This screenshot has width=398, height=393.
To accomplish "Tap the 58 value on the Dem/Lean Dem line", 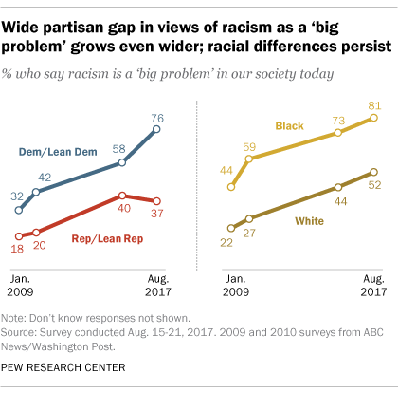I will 119,148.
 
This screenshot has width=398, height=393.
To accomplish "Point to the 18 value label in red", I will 16,250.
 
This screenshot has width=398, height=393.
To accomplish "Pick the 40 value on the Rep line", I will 122,211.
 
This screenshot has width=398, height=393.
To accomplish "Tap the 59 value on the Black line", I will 249,147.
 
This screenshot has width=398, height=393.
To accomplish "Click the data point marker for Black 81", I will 373,118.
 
